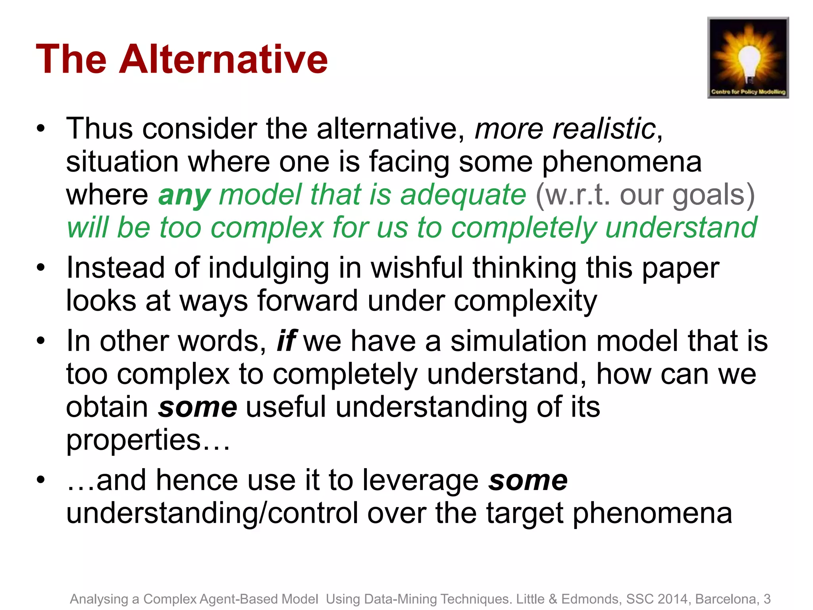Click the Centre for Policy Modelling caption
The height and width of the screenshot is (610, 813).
click(x=748, y=92)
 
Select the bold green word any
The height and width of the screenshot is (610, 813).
click(x=184, y=195)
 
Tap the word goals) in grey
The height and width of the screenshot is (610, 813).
click(x=713, y=195)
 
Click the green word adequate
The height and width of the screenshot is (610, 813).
click(x=463, y=195)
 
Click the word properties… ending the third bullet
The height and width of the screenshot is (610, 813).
click(x=148, y=440)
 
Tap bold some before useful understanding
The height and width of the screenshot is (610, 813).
click(x=197, y=407)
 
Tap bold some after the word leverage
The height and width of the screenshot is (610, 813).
click(x=528, y=480)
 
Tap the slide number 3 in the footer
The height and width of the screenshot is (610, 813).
click(x=767, y=599)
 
